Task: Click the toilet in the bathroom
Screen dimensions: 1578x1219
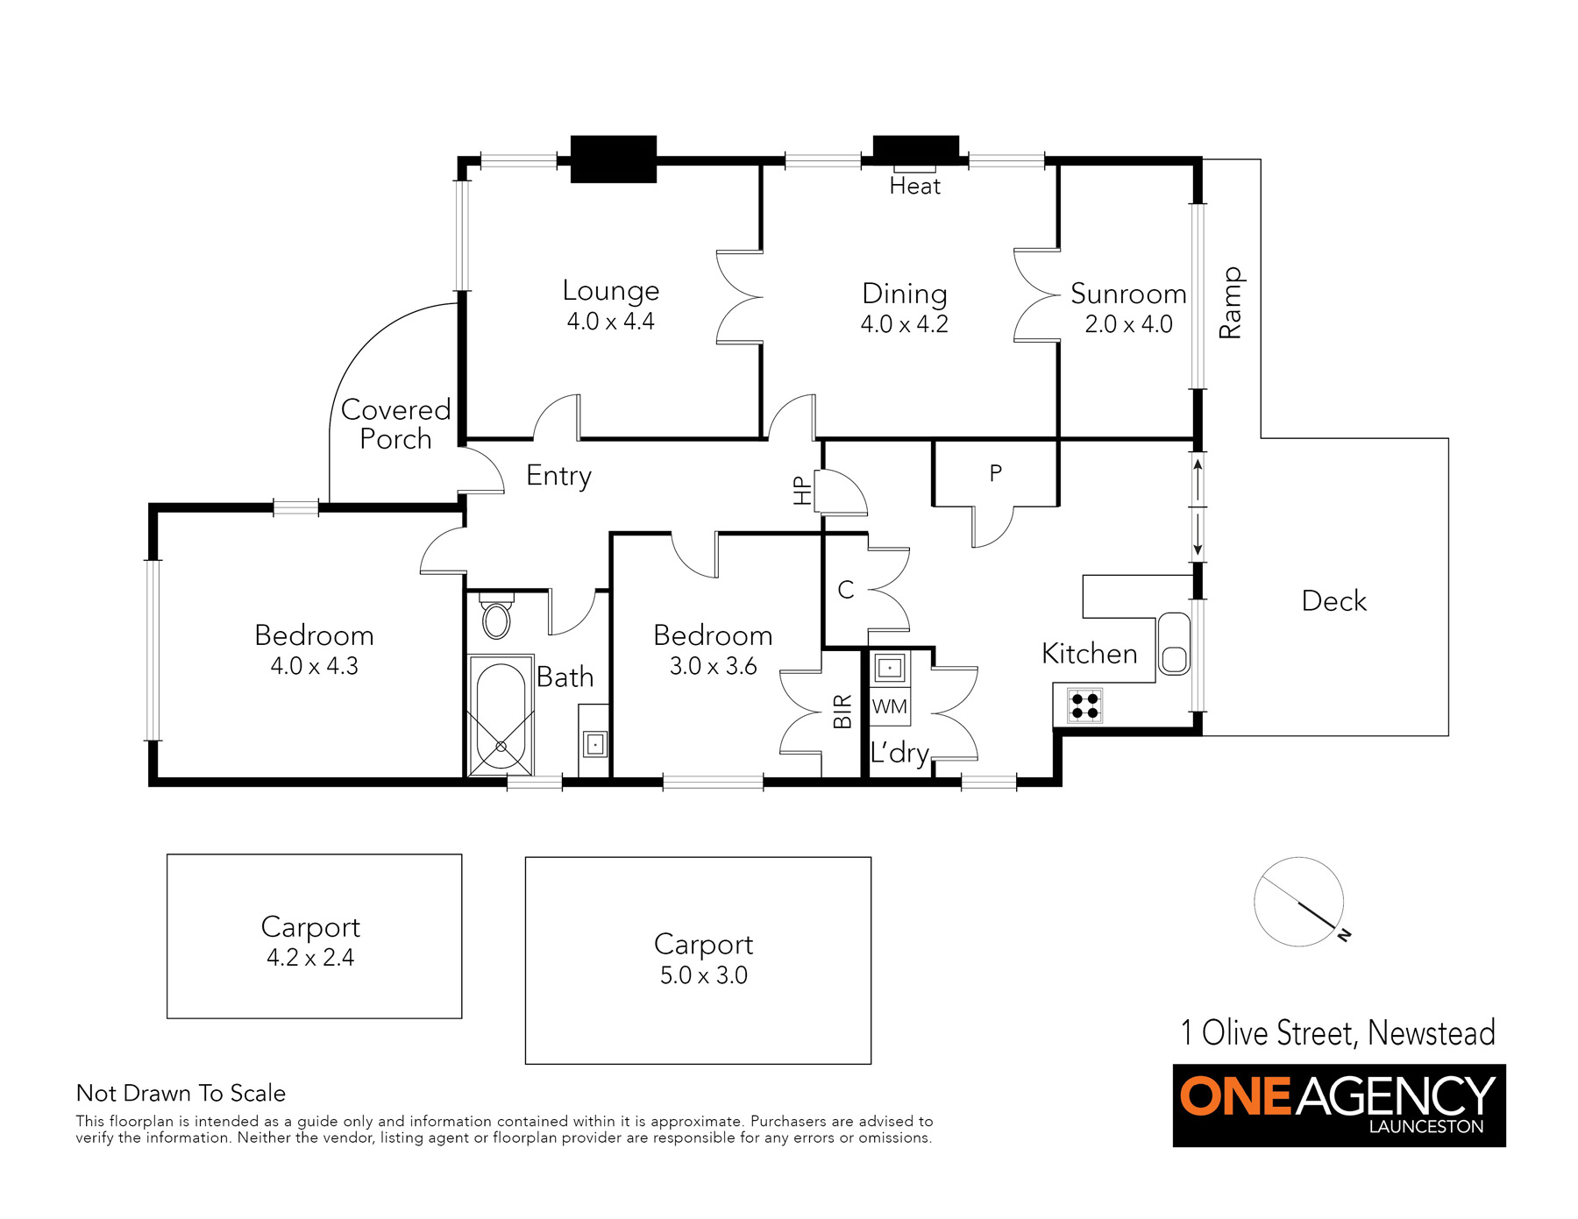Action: [496, 616]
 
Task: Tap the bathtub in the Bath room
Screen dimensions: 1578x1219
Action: [501, 715]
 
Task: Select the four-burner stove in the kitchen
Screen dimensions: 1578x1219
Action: [1084, 705]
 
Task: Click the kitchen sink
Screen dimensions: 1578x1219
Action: [1174, 643]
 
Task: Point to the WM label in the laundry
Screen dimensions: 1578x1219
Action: [890, 706]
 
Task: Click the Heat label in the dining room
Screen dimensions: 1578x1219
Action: [914, 186]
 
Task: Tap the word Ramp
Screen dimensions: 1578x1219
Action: [1230, 303]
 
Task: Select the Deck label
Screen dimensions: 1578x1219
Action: [1333, 601]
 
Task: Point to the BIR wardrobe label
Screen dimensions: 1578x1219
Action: [842, 711]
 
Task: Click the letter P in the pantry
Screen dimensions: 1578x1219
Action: [995, 473]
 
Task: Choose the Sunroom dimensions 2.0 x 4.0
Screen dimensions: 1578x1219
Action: [1128, 324]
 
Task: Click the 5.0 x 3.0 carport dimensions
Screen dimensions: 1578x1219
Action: [703, 975]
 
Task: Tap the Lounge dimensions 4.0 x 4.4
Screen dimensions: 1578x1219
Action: [610, 322]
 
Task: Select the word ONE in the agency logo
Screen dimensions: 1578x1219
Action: [1235, 1096]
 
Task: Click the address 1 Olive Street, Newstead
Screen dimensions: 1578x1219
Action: [1338, 1033]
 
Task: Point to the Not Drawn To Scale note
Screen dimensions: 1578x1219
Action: [181, 1093]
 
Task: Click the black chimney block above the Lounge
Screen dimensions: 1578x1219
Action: [613, 159]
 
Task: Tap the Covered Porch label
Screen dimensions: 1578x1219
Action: [395, 424]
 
